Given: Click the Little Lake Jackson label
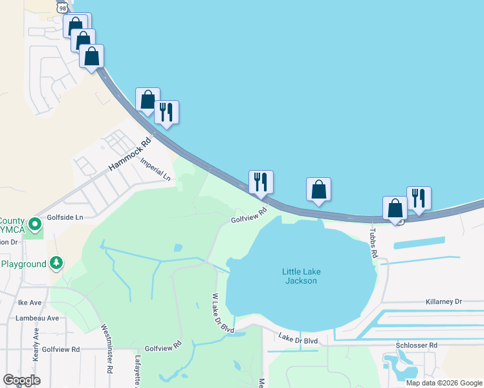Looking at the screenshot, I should [300, 276].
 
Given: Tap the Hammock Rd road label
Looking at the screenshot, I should [129, 155].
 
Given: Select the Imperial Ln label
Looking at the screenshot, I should [155, 169].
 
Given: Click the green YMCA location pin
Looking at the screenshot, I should [34, 226].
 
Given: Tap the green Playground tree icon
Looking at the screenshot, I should [57, 263].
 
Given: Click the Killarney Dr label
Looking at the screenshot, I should [444, 301].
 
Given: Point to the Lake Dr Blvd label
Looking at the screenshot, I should [298, 339].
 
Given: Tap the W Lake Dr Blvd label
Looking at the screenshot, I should [223, 313].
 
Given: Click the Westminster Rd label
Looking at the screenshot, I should [108, 343].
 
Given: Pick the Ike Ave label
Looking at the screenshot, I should [30, 302].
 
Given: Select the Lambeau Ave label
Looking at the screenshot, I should [39, 318].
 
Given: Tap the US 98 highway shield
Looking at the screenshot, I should [63, 6].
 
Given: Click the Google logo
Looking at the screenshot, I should [21, 380].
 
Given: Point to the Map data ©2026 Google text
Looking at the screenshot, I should [444, 383].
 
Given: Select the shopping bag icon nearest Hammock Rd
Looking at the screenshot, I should [148, 100].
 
